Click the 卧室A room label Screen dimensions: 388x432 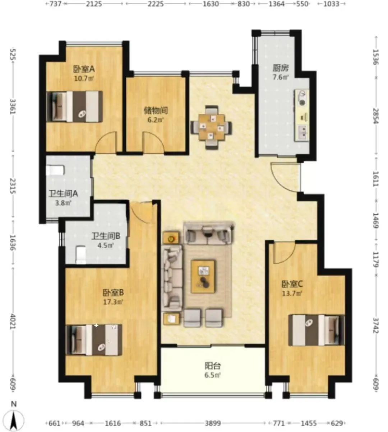click(84, 69)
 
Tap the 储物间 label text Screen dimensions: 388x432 click(156, 111)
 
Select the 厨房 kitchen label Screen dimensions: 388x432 click(281, 68)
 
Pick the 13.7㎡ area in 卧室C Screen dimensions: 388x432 click(292, 294)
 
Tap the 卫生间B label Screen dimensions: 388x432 click(106, 236)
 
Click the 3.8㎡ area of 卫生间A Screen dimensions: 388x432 click(63, 203)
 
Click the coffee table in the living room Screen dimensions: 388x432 click(203, 276)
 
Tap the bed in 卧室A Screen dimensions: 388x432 click(74, 107)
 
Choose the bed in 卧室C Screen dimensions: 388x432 click(317, 330)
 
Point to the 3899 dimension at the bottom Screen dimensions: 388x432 click(213, 423)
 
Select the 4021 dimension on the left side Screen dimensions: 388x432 click(13, 321)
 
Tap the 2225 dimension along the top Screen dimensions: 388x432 click(156, 4)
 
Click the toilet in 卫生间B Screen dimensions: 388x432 click(81, 255)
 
